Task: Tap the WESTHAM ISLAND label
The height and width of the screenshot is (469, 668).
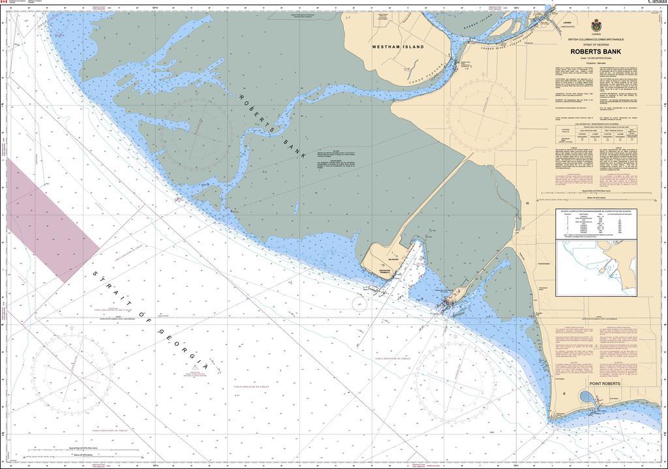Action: pos(398,47)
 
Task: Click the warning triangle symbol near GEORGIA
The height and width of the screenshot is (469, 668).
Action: pos(194,369)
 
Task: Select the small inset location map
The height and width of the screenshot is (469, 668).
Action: pos(596,267)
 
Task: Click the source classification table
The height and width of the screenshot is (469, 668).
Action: pos(596,223)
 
